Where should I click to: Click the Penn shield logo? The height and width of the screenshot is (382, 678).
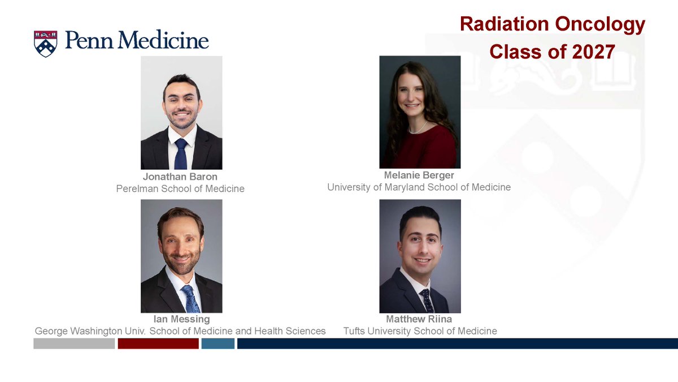46,44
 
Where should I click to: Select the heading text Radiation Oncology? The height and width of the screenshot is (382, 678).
552,24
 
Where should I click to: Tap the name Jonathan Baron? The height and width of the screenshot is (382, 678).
180,177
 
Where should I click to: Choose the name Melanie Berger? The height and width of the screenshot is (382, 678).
419,175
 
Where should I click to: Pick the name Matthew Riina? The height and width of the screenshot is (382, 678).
419,319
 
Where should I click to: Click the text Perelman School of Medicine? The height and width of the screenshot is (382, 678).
180,188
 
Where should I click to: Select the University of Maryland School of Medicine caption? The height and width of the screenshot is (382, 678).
419,187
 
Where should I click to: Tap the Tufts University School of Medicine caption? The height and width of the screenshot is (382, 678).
420,331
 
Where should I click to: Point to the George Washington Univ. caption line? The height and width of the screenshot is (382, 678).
180,331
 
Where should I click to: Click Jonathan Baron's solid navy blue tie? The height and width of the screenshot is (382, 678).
180,153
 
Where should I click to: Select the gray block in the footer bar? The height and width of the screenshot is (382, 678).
74,344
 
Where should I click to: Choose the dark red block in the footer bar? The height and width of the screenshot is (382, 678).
158,344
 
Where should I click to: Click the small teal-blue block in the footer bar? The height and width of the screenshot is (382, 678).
218,344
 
